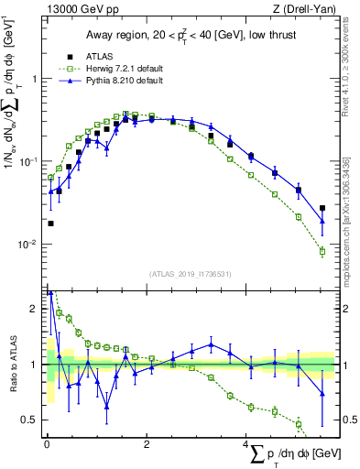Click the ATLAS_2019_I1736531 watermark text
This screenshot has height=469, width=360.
pyautogui.click(x=190, y=274)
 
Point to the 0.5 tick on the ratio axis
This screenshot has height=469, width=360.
pyautogui.click(x=32, y=420)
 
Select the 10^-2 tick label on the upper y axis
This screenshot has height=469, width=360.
pyautogui.click(x=29, y=245)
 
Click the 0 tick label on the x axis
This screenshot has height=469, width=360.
pyautogui.click(x=47, y=442)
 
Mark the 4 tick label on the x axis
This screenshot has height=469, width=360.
pyautogui.click(x=245, y=442)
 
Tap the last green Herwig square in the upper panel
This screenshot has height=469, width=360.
pyautogui.click(x=322, y=252)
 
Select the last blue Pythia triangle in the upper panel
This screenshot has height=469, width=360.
pyautogui.click(x=322, y=221)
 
